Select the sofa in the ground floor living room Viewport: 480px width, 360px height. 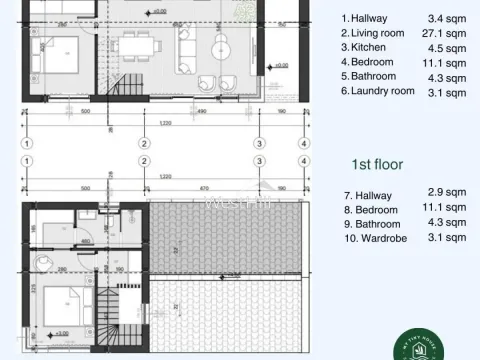coord(191,45)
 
